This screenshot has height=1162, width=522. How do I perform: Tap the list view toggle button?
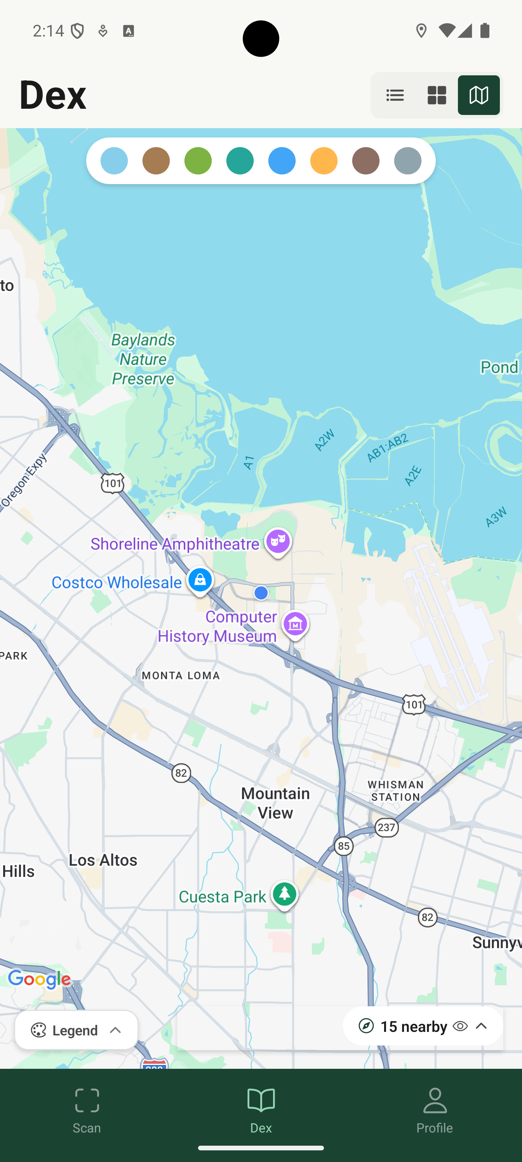point(395,95)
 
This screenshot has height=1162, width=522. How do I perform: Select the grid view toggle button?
point(437,95)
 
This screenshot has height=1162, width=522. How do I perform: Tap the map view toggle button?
point(478,95)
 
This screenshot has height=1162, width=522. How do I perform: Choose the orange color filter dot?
point(324,160)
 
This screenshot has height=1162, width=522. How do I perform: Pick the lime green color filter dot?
point(198,160)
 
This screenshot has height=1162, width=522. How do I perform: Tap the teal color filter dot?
point(240,160)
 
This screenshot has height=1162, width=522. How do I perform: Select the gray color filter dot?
point(407,160)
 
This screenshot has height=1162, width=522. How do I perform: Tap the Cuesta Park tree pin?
point(284,894)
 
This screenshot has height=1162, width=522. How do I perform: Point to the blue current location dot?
point(261,593)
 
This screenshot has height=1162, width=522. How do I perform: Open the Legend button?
point(76,1030)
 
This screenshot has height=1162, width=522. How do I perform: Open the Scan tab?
point(87,1110)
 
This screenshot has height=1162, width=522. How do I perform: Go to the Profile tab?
point(435,1110)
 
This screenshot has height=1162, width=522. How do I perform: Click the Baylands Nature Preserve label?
point(143,359)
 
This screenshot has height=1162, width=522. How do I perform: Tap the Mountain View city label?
point(275,802)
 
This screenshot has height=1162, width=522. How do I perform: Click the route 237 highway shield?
point(387,828)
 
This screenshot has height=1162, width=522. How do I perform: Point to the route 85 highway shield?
point(344,846)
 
